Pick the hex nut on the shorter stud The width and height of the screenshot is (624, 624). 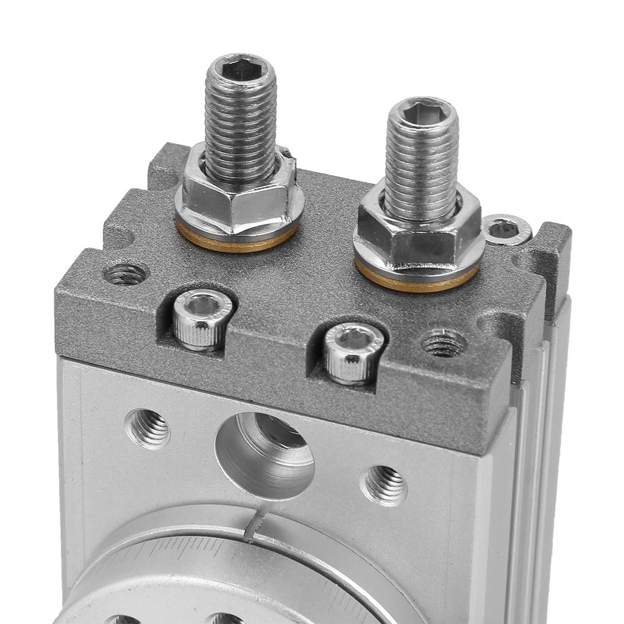click(416, 236)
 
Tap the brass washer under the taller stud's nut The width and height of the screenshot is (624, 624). click(237, 240)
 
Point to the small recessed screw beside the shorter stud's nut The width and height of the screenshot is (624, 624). click(505, 229)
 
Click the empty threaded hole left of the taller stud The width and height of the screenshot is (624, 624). click(127, 272)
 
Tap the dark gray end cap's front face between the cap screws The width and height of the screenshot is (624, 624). click(274, 355)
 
